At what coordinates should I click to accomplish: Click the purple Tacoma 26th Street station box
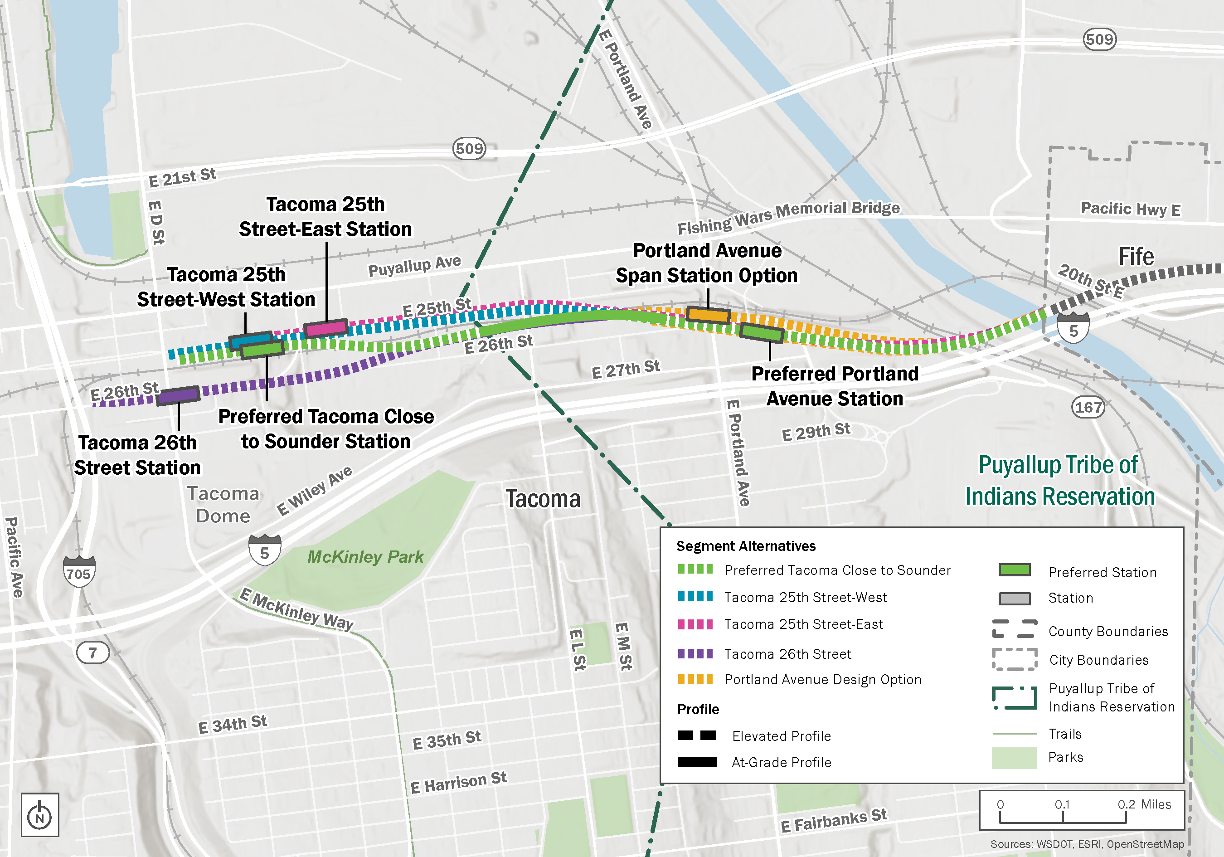tap(178, 395)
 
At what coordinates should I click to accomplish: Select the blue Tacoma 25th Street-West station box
tap(251, 340)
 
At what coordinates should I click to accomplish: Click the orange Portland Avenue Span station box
tap(707, 315)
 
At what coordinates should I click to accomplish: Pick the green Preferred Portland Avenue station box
tap(762, 333)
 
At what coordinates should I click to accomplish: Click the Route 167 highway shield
tap(1088, 408)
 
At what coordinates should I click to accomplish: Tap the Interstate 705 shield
tap(79, 572)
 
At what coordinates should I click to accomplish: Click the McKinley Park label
tap(365, 557)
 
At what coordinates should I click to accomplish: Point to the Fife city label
tap(1136, 257)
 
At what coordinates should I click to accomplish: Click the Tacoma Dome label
tap(223, 505)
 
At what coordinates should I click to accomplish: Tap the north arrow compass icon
tap(39, 814)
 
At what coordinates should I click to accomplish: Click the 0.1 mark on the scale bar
tap(1062, 805)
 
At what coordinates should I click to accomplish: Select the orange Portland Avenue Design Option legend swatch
tap(695, 679)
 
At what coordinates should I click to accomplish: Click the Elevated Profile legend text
tap(781, 736)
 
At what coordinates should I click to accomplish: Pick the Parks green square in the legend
tap(1014, 757)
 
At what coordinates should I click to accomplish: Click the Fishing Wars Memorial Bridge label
tap(788, 217)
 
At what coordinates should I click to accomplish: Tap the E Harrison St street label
tap(458, 782)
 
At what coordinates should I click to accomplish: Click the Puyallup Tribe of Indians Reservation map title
tap(1059, 481)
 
